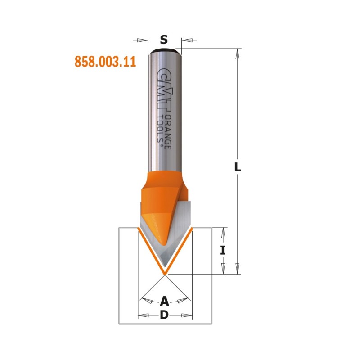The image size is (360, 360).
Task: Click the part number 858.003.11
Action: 105,62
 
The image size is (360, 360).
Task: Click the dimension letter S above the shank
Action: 164,40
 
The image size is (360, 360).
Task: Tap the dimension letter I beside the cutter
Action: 223,250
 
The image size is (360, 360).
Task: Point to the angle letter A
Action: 164,301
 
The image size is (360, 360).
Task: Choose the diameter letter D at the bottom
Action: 164,315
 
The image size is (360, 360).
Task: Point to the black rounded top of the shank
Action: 165,50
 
